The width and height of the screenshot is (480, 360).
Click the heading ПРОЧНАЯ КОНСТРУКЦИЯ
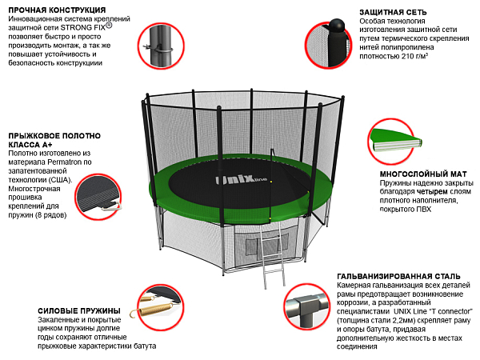(x=54, y=9)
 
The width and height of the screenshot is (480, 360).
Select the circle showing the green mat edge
(x=395, y=141)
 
